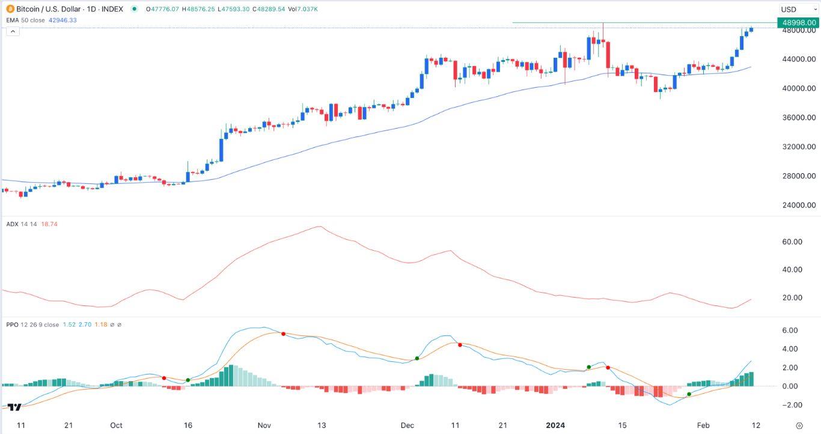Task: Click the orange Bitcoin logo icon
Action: (x=10, y=9)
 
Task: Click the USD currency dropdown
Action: (x=796, y=9)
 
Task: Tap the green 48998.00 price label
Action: (x=798, y=23)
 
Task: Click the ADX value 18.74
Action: (x=49, y=224)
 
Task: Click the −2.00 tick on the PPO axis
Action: (x=790, y=405)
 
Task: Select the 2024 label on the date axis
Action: (x=556, y=425)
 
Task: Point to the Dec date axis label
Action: (x=407, y=425)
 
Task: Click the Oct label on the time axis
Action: (x=116, y=425)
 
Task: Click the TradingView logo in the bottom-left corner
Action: (x=14, y=407)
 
